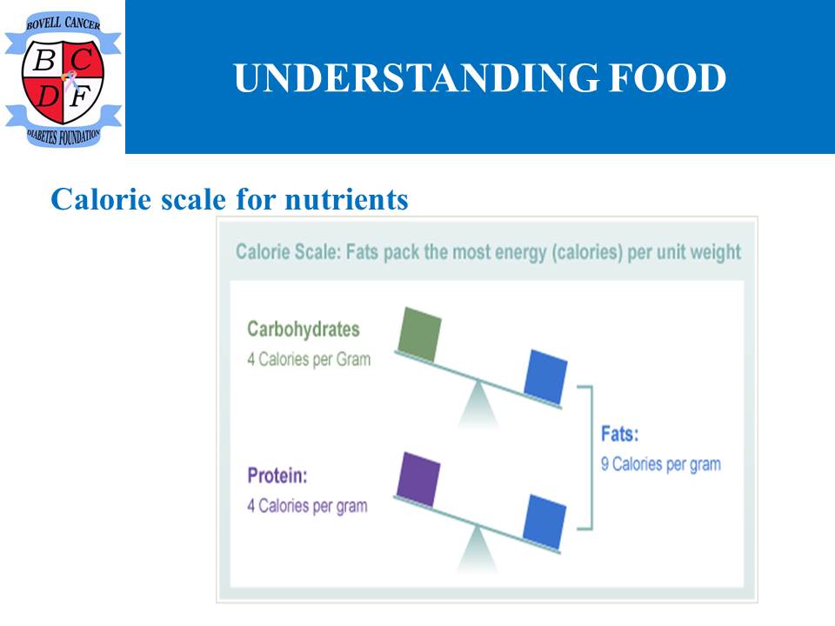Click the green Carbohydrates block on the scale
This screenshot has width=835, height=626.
pos(419,334)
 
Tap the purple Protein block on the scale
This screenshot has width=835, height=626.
pos(418,479)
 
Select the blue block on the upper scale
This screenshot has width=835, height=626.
pos(545,376)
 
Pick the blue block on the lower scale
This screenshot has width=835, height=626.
pos(544,522)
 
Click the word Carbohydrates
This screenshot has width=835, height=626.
pos(304,330)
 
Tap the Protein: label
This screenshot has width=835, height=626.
pos(277,475)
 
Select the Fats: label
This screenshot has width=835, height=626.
pos(620,434)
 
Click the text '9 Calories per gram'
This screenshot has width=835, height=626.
pos(661,464)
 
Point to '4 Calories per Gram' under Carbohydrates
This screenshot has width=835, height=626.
pos(309,359)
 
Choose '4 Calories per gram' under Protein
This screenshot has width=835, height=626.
pos(307,506)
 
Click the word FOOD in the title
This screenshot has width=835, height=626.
pos(667,77)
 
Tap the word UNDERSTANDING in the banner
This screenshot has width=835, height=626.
pos(416,77)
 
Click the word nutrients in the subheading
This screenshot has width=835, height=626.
pos(347,200)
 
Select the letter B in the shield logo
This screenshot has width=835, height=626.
pos(44,60)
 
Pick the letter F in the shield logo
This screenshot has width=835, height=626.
pos(81,97)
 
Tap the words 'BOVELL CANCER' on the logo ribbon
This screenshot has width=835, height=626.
pos(63,23)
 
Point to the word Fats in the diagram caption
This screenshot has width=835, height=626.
pos(362,251)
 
